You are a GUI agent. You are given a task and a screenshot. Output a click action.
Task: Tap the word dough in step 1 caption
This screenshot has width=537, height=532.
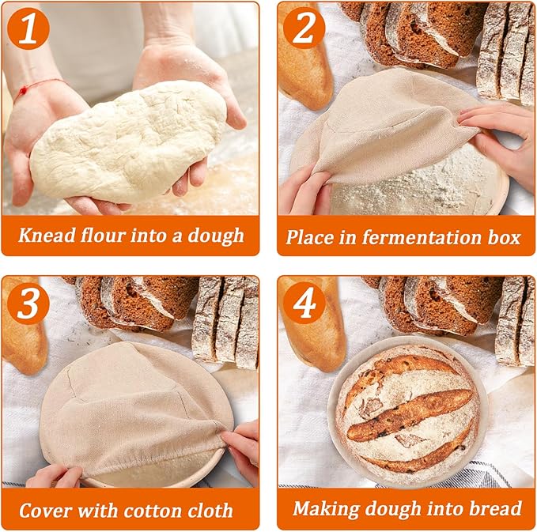tap(217, 236)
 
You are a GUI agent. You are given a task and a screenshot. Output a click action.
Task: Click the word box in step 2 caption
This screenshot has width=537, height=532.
tap(506, 236)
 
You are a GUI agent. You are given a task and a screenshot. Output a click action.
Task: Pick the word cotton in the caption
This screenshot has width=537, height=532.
tap(159, 510)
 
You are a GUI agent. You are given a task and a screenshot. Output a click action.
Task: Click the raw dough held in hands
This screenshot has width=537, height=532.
tap(127, 142)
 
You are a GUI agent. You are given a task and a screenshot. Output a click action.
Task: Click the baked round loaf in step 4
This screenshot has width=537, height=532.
tap(407, 411)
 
